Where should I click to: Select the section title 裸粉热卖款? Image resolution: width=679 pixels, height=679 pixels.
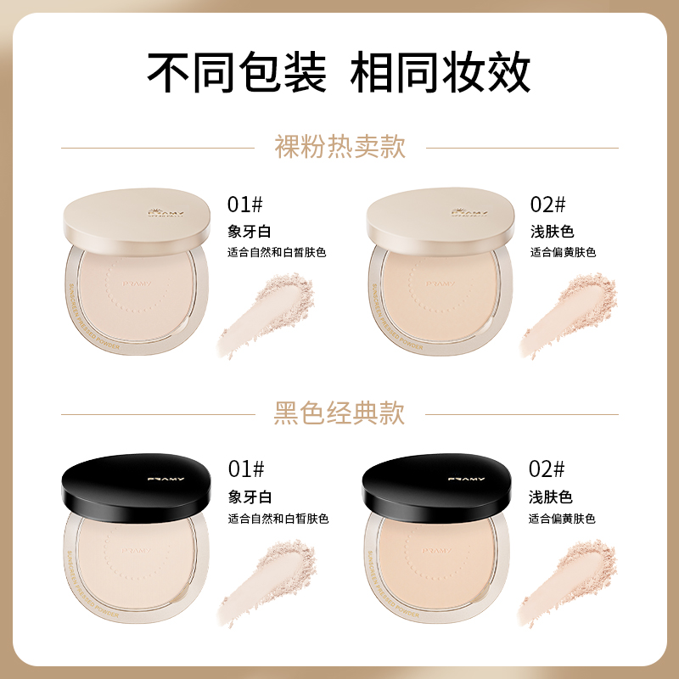(339, 147)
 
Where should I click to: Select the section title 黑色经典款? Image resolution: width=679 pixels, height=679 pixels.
(339, 413)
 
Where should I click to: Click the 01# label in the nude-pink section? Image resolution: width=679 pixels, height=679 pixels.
(246, 204)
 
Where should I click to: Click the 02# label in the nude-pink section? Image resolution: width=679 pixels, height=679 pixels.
(547, 204)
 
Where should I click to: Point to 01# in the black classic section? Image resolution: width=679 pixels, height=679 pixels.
(246, 469)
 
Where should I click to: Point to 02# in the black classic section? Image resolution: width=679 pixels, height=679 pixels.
(547, 469)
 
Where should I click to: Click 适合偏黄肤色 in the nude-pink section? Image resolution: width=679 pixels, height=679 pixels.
(564, 252)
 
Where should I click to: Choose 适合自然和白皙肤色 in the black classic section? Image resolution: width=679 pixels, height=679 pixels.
(278, 519)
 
